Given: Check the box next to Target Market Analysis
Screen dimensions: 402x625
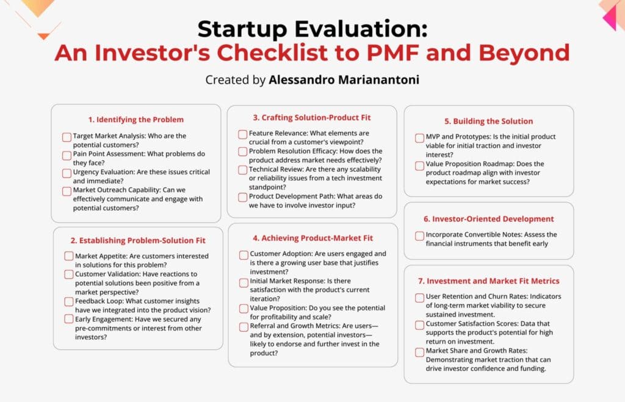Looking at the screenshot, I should pos(67,137).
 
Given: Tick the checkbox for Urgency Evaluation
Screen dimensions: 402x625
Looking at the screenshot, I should pos(67,173).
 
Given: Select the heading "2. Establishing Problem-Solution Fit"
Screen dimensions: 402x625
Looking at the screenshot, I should pos(138,239).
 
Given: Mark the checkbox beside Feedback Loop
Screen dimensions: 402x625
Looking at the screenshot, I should pos(69,302).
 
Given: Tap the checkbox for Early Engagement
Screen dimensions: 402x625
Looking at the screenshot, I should pos(69,320).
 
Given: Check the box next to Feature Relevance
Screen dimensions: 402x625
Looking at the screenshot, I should pos(243,134).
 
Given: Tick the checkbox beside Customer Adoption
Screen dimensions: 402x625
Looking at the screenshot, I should pos(244,255).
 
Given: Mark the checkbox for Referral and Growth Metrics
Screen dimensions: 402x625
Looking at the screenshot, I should pos(244,327).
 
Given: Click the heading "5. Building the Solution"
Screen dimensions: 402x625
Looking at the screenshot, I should pos(488,121).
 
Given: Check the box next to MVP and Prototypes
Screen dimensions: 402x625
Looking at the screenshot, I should pos(419,137).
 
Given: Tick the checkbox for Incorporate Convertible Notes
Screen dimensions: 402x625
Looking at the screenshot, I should pos(419,235).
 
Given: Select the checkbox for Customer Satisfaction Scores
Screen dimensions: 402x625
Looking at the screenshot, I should pos(419,325).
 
